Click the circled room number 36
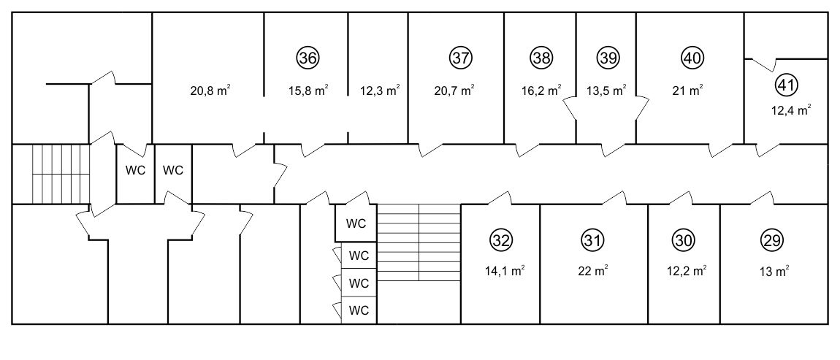click(x=308, y=58)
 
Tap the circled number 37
click(x=460, y=58)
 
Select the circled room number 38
click(x=541, y=58)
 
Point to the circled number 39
click(x=608, y=58)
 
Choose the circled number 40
click(x=692, y=58)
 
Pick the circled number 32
click(x=501, y=240)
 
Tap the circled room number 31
click(x=592, y=240)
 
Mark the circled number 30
click(x=683, y=240)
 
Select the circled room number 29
click(x=772, y=240)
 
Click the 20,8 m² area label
click(x=210, y=90)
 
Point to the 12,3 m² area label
click(x=381, y=90)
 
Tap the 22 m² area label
click(x=592, y=271)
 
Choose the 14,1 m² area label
click(x=503, y=270)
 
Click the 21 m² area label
click(x=688, y=90)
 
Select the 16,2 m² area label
click(x=541, y=90)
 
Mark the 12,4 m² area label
click(x=791, y=110)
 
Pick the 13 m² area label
click(x=775, y=271)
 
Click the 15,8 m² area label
click(x=308, y=90)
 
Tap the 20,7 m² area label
click(x=454, y=90)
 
